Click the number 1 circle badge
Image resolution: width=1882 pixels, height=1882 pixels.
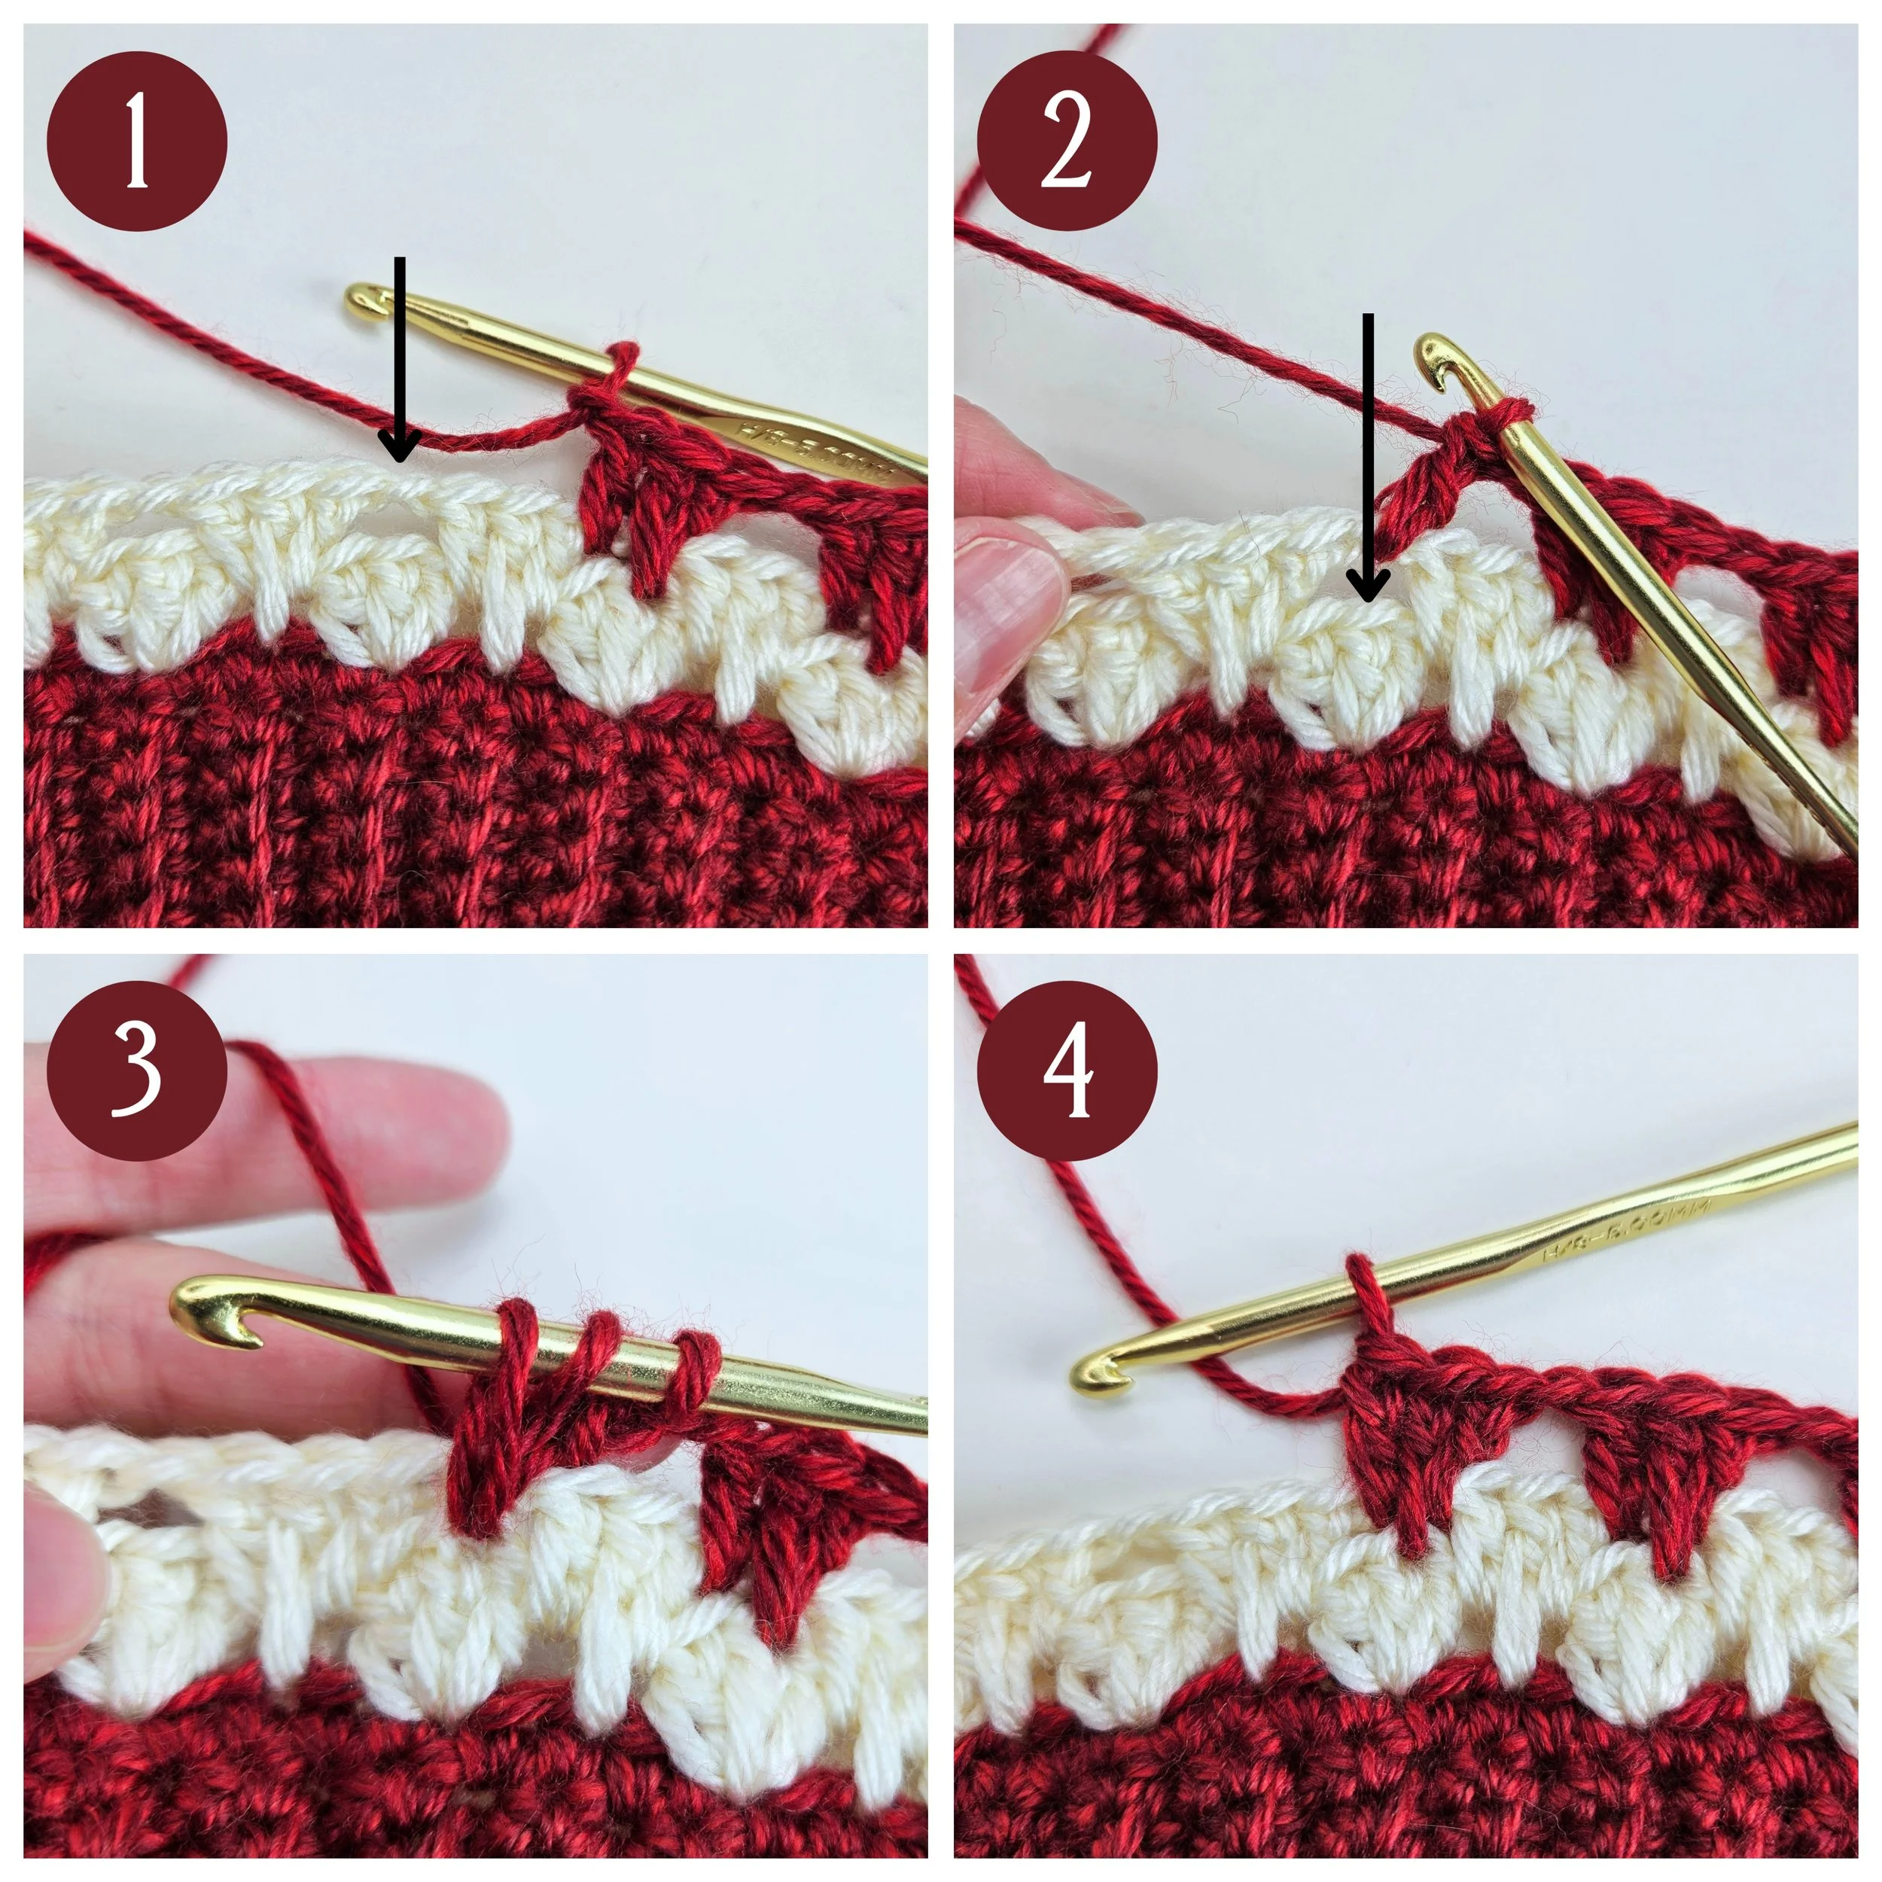[136, 142]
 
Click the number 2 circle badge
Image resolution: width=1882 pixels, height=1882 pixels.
[1067, 142]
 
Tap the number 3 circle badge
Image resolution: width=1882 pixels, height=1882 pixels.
[136, 1070]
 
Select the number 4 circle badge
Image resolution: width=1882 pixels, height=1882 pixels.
[1067, 1070]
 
